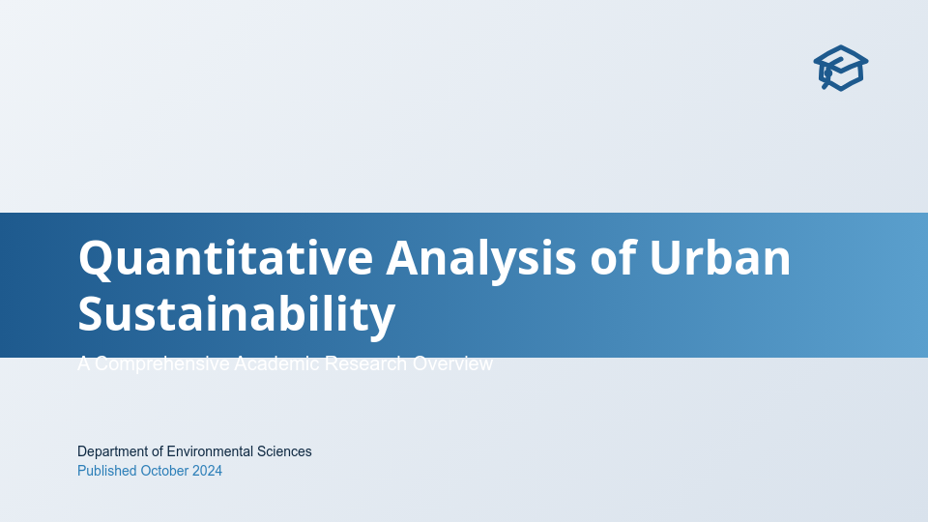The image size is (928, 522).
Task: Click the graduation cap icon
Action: pos(840,68)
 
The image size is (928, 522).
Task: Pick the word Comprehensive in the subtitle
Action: pos(162,363)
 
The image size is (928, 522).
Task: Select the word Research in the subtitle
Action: pos(366,363)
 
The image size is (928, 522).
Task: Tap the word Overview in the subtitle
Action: pos(452,363)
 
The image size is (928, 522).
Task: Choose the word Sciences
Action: pos(284,451)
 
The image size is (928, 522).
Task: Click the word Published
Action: pos(106,471)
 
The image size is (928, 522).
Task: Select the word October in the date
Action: pos(164,471)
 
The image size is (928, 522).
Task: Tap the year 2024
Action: pos(207,471)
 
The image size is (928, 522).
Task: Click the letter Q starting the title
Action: pos(94,258)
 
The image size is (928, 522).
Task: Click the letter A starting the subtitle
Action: pos(84,363)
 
